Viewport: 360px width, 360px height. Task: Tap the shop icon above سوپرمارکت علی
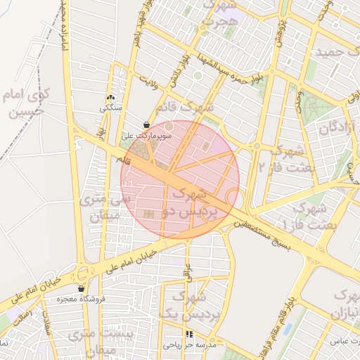(x=146, y=124)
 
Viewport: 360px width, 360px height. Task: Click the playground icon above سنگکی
(x=110, y=98)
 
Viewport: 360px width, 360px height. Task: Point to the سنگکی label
(x=110, y=108)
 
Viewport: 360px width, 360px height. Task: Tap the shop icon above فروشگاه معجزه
(x=82, y=288)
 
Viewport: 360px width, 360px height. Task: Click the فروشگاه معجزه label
(x=82, y=299)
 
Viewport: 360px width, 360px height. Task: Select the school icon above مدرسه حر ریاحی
(x=188, y=334)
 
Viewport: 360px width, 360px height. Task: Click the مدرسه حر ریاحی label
(x=188, y=345)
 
